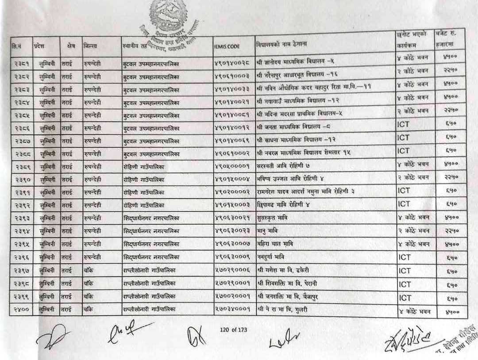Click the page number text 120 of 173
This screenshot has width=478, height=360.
tap(233, 329)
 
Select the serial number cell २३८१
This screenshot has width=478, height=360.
tap(21, 65)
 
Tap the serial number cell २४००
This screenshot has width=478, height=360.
tap(21, 310)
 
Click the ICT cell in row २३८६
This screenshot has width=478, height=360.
tap(403, 125)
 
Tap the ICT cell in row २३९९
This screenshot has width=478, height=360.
tap(405, 297)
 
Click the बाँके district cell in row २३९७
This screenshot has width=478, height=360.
tap(88, 271)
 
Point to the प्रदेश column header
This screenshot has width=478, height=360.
tap(39, 46)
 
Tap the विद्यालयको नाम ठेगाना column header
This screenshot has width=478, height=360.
tap(281, 44)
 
